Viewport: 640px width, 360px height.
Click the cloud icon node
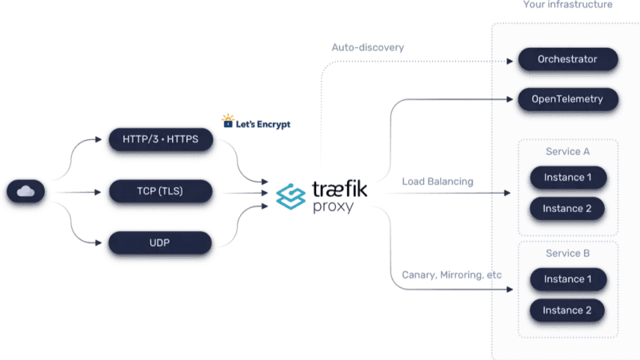(x=26, y=191)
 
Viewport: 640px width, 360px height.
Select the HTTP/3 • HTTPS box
(x=161, y=139)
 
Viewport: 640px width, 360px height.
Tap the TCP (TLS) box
(x=161, y=191)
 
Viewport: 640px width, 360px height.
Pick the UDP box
(x=160, y=243)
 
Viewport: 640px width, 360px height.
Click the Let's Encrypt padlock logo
(x=228, y=121)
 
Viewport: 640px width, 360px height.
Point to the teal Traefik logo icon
(x=290, y=196)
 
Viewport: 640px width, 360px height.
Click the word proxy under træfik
(x=333, y=206)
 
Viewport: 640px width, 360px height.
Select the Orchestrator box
(x=568, y=59)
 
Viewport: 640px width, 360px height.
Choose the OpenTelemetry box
(x=568, y=99)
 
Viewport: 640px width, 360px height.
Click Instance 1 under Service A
(x=568, y=178)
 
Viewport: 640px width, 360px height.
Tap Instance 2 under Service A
(x=567, y=209)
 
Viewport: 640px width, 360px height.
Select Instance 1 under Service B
(x=568, y=279)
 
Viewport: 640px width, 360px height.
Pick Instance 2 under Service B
(x=567, y=310)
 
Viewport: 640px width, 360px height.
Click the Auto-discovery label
(x=368, y=47)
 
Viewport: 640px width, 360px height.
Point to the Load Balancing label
(x=438, y=182)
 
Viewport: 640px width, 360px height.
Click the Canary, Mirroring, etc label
(x=452, y=274)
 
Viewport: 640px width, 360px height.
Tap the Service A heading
(x=568, y=151)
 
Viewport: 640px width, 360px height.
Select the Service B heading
(x=568, y=253)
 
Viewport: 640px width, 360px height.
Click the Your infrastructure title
(x=568, y=5)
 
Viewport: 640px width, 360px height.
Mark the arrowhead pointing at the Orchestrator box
(x=510, y=62)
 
